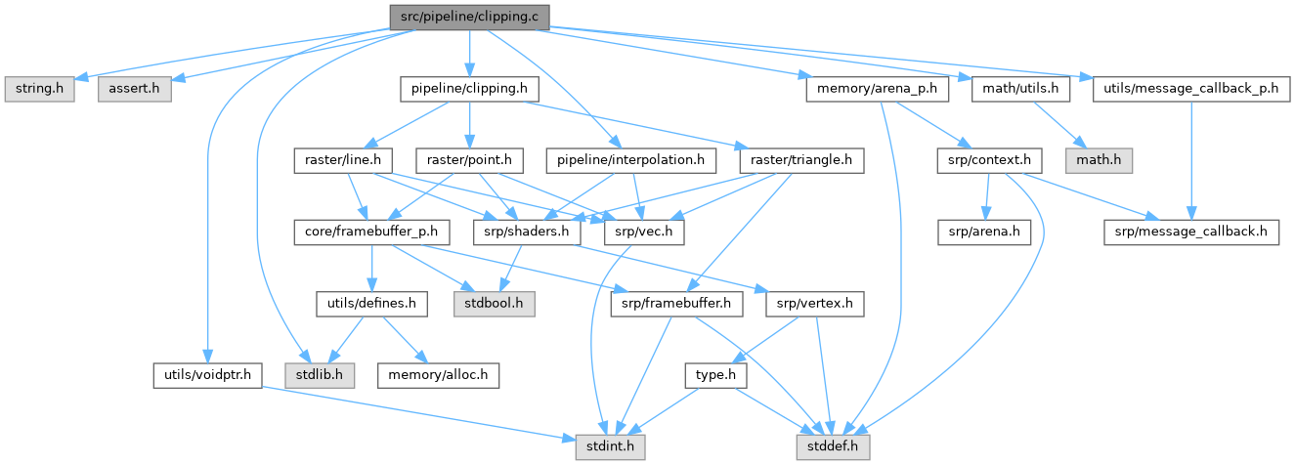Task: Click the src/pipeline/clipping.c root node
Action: (x=468, y=17)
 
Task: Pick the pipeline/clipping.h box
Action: (x=470, y=89)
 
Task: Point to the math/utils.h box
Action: (x=1016, y=89)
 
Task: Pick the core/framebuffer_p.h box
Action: (x=370, y=232)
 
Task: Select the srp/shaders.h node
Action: (x=527, y=232)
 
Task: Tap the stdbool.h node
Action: (x=494, y=304)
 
